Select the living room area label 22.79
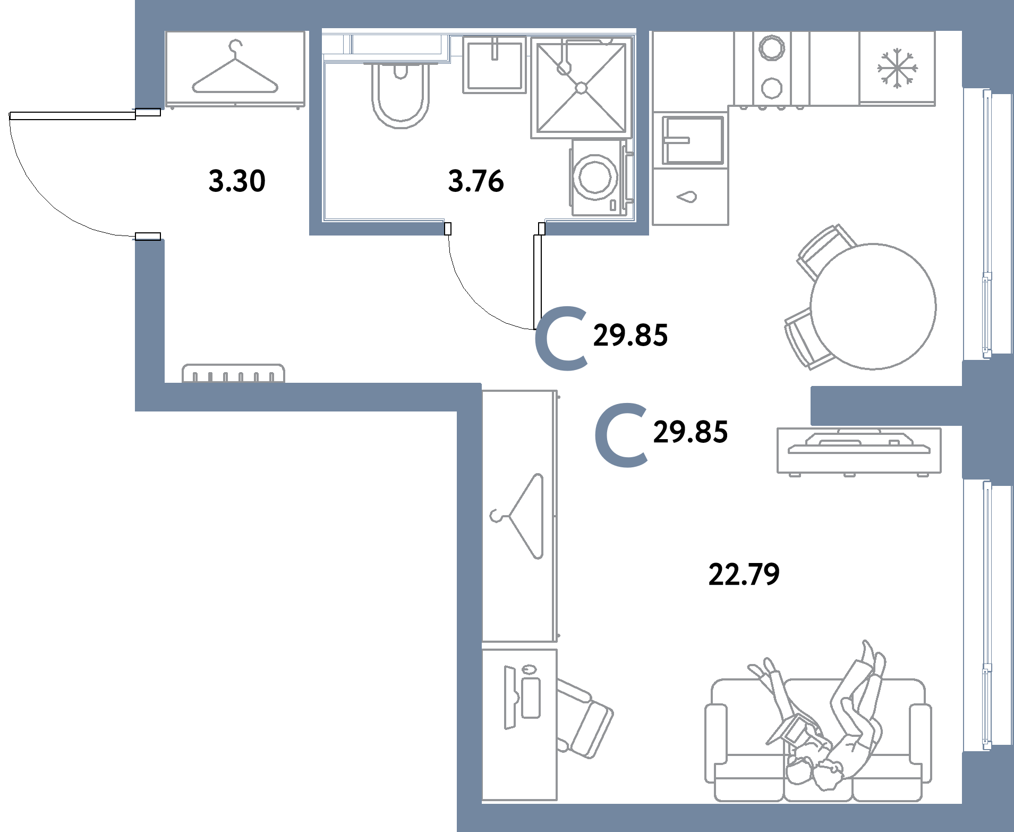pyautogui.click(x=744, y=575)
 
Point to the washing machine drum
pyautogui.click(x=597, y=177)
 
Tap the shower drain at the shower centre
pyautogui.click(x=581, y=87)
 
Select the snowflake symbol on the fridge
pyautogui.click(x=896, y=68)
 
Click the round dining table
pyautogui.click(x=873, y=307)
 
